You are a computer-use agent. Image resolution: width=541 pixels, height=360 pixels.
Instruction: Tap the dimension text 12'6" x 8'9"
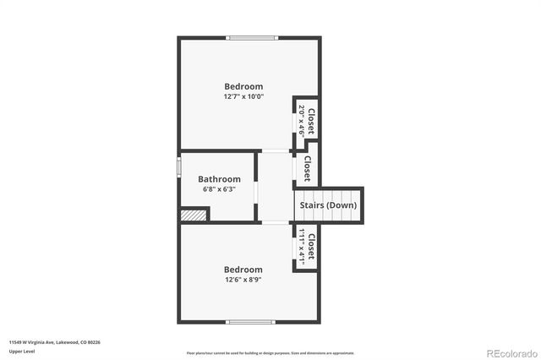[x=243, y=280]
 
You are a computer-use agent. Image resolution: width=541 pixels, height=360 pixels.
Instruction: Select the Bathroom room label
[x=219, y=179]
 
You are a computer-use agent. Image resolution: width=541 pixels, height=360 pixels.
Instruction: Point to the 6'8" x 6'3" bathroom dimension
[x=219, y=189]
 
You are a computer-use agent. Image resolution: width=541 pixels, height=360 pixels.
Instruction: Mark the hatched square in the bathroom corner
[x=194, y=215]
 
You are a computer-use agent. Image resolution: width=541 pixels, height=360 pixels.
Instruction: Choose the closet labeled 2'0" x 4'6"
[x=306, y=119]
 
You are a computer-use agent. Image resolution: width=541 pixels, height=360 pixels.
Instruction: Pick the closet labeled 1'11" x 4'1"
[x=306, y=247]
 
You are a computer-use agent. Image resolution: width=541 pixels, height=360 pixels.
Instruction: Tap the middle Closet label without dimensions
[x=307, y=167]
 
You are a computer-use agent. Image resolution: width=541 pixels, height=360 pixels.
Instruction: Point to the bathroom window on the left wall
[x=178, y=165]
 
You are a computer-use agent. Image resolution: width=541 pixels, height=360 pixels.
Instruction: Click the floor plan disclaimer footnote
[x=270, y=353]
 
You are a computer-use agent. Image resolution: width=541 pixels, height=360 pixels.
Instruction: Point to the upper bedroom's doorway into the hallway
[x=274, y=151]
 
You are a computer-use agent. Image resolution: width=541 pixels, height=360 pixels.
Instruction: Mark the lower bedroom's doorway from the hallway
[x=274, y=222]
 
